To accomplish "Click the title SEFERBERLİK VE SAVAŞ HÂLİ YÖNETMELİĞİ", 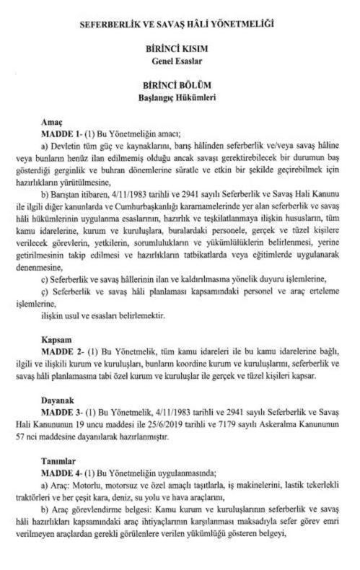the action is (x=180, y=26).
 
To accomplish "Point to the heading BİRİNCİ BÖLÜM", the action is (x=180, y=85).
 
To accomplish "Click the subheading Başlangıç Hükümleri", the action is (x=180, y=96).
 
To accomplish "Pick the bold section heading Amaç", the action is (x=53, y=123).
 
